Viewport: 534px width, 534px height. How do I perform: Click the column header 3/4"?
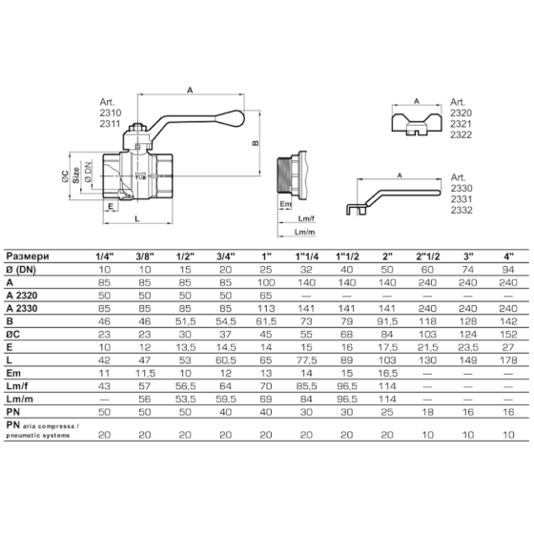226,257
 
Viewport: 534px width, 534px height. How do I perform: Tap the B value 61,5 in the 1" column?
266,321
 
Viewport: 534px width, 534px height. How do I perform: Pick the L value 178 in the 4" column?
508,360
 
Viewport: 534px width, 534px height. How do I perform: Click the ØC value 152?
508,334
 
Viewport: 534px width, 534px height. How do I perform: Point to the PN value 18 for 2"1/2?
427,412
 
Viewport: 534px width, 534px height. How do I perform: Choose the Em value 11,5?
145,373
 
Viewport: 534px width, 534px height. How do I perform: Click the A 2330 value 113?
266,308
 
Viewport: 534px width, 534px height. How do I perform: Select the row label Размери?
28,257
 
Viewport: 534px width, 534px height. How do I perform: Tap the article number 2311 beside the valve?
110,124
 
